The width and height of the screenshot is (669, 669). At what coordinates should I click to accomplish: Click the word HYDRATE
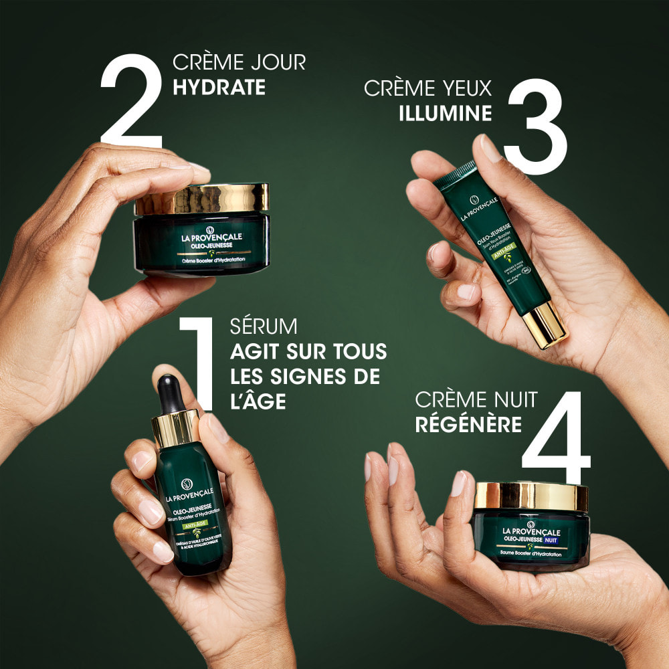tap(219, 88)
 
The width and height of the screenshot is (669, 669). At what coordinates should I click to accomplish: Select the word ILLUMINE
tap(445, 113)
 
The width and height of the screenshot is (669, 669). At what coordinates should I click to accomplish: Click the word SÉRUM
tap(264, 327)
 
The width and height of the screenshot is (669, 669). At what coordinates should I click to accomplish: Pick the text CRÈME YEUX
tap(428, 88)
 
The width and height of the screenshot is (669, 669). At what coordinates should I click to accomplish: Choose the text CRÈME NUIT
tap(476, 400)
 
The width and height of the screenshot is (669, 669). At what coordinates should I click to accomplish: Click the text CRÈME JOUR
tap(239, 62)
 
